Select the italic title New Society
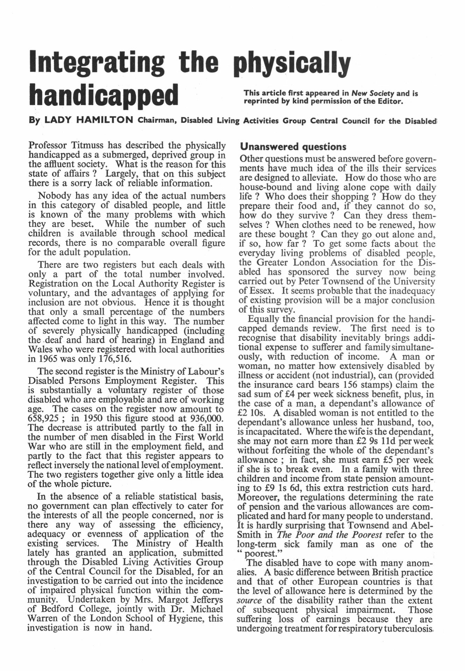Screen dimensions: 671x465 (x=373, y=93)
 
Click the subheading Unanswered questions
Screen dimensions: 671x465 (x=293, y=146)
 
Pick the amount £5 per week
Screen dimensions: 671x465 (x=399, y=460)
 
